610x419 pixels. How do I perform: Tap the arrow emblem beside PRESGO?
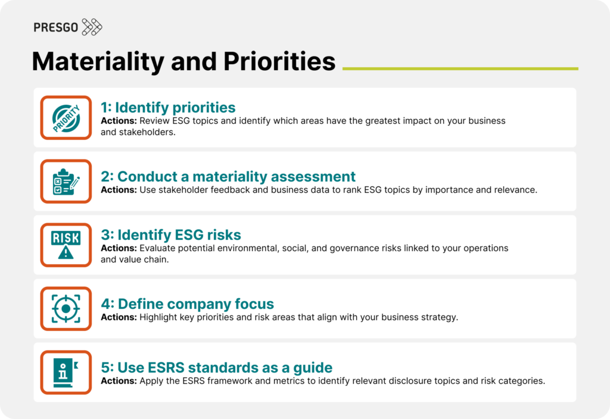tap(92, 27)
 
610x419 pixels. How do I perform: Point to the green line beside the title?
tap(460, 68)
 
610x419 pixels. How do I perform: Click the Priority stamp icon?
tap(66, 118)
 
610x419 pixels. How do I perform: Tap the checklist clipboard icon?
tap(66, 182)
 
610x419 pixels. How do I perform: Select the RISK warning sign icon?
tap(66, 245)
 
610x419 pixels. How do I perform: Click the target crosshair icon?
tap(66, 308)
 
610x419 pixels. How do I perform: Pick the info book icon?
tap(66, 372)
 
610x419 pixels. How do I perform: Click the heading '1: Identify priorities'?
tap(168, 108)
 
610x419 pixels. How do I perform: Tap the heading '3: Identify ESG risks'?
tap(170, 234)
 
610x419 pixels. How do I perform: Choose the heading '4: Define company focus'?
tap(187, 304)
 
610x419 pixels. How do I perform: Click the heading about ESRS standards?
tap(216, 367)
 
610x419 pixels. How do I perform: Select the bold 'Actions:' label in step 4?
tap(119, 317)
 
